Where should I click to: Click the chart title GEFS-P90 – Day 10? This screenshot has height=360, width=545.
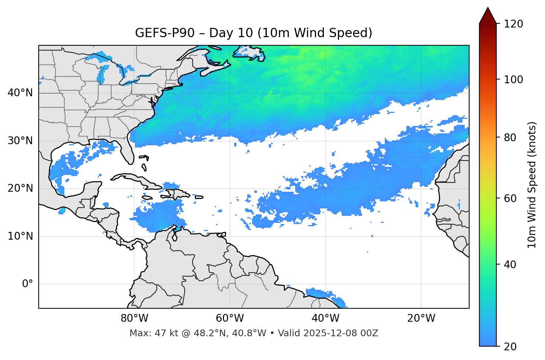254,33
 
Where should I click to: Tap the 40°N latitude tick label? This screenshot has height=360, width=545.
20,93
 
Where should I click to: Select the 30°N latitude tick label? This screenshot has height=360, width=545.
20,141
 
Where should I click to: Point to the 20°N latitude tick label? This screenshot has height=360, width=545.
20,188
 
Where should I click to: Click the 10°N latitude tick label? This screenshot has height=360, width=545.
20,236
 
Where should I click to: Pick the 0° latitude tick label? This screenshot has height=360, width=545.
28,284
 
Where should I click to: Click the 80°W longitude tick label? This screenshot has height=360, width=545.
134,318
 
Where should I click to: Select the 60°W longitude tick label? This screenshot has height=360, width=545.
230,318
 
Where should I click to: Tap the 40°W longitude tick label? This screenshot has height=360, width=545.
325,318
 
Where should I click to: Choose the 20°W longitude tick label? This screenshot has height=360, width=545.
421,318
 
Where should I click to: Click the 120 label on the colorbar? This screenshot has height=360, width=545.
513,24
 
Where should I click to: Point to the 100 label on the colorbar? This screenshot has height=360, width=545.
513,80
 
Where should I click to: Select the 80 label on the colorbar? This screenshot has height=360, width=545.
511,137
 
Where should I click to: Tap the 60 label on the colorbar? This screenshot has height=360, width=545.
511,198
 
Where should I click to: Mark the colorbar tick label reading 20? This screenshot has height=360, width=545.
511,347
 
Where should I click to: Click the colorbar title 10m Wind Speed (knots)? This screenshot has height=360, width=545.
532,185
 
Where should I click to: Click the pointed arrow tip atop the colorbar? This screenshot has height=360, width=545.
488,9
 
